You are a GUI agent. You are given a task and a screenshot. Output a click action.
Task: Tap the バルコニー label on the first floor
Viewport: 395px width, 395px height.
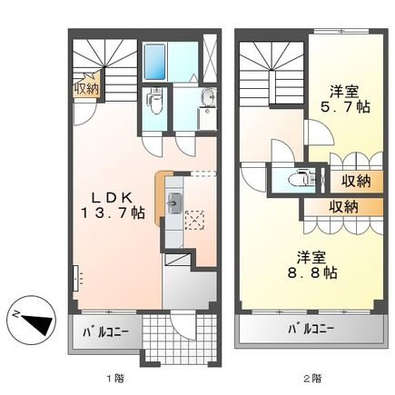(x=107, y=331)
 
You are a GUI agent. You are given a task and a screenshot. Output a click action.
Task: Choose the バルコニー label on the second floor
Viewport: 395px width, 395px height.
(x=311, y=330)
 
